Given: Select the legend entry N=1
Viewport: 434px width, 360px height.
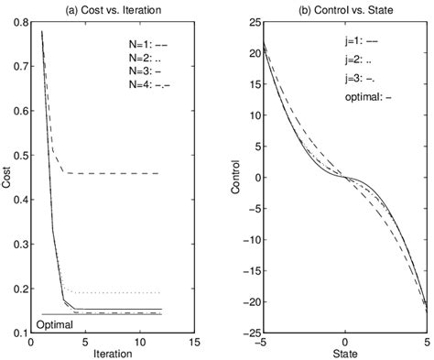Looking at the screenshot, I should (146, 43).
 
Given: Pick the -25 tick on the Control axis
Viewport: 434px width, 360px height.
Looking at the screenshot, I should (241, 333).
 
